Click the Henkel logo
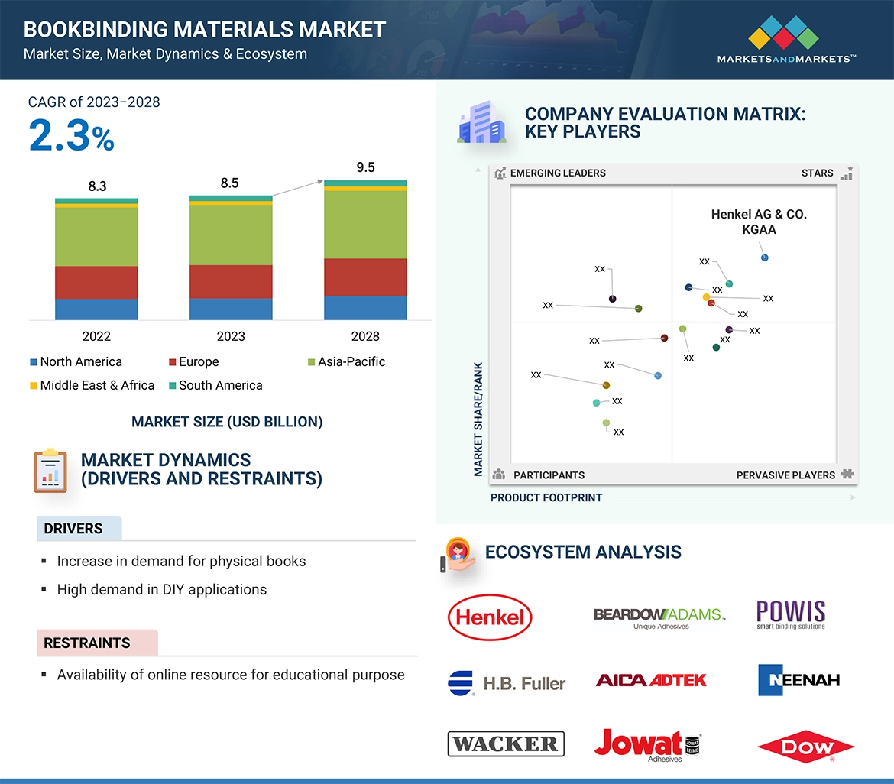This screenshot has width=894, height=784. pos(489,617)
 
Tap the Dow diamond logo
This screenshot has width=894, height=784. pos(805,748)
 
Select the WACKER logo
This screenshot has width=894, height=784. pos(506,744)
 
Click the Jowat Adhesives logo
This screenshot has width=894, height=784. pos(647,745)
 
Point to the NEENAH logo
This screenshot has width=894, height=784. pos(798,679)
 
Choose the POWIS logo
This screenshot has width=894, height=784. pos(791,614)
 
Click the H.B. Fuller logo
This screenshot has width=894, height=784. pos(506,682)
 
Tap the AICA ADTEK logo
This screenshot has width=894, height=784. pos(651,679)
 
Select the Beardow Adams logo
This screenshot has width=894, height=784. pos(659,616)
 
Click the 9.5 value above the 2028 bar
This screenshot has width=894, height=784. pos(365,167)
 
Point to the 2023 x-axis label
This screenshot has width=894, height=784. pos(231,336)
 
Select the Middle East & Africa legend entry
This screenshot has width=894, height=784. pos(92,385)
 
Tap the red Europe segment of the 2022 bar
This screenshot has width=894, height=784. pos(96,282)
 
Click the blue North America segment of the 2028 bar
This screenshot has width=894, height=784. pos(365,307)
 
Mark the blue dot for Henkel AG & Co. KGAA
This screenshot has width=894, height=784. pos(765,258)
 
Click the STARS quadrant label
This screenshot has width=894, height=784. pos(817,173)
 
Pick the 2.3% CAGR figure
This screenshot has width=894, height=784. pos(71,136)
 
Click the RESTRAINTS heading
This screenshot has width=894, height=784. pos(87,643)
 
